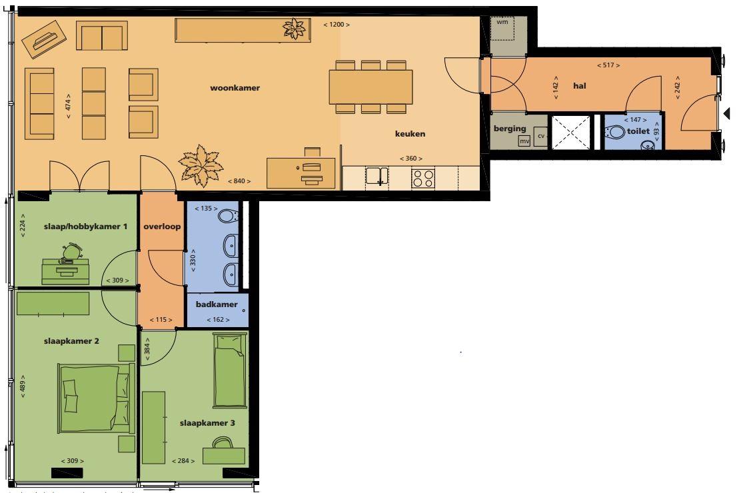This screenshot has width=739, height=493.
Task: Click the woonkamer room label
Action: click(235, 88)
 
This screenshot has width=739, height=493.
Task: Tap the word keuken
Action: click(410, 134)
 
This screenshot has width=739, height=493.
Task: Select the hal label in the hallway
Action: click(580, 86)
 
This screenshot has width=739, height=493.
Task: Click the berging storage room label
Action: click(510, 129)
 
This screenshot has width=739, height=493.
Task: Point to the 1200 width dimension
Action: click(337, 25)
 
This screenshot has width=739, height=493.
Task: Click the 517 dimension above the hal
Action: click(608, 65)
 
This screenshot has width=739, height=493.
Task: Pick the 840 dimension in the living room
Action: click(239, 181)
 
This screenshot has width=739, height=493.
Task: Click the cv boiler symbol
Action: click(541, 136)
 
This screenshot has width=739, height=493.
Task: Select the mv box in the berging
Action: click(524, 141)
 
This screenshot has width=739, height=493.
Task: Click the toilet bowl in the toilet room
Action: click(614, 131)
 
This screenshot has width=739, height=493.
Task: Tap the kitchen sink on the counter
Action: click(377, 176)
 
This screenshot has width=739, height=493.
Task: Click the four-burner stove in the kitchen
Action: click(423, 179)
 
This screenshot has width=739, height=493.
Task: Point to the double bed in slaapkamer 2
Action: click(96, 399)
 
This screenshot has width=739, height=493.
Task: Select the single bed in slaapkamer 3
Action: click(229, 370)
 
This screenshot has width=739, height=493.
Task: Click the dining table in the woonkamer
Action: click(371, 87)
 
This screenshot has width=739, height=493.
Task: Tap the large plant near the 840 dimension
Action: click(201, 165)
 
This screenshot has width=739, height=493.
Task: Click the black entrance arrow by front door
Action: click(727, 113)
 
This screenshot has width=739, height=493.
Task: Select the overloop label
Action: click(162, 227)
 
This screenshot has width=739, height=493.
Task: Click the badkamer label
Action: click(217, 304)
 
